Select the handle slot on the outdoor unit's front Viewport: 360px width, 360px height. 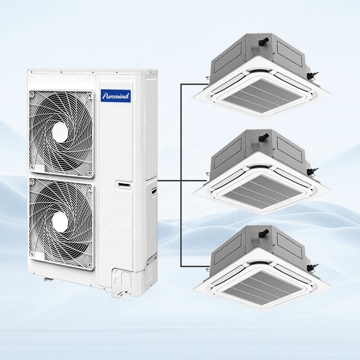pyautogui.click(x=124, y=184)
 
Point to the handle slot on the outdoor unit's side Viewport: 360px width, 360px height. pyautogui.click(x=154, y=191)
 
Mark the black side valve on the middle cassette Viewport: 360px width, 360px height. pyautogui.click(x=310, y=172)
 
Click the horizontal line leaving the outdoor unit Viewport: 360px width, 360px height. pyautogui.click(x=169, y=181)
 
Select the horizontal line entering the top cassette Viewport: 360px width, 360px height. pyautogui.click(x=193, y=84)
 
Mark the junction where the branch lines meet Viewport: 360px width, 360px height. pyautogui.click(x=181, y=181)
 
